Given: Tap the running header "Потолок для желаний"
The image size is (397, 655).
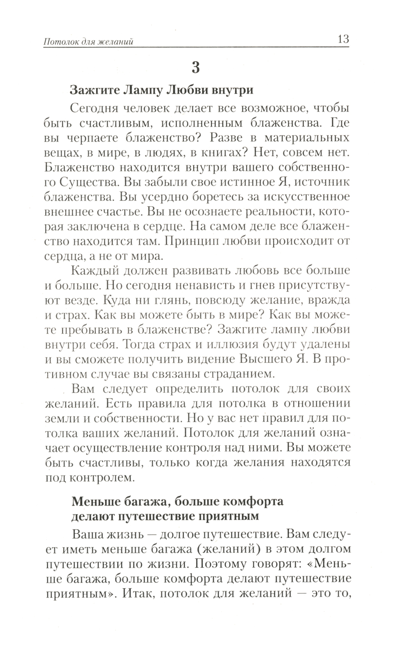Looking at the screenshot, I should pyautogui.click(x=88, y=42).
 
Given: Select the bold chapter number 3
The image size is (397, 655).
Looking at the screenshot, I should pyautogui.click(x=196, y=68).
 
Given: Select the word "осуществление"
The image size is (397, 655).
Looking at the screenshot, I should pyautogui.click(x=113, y=448).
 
